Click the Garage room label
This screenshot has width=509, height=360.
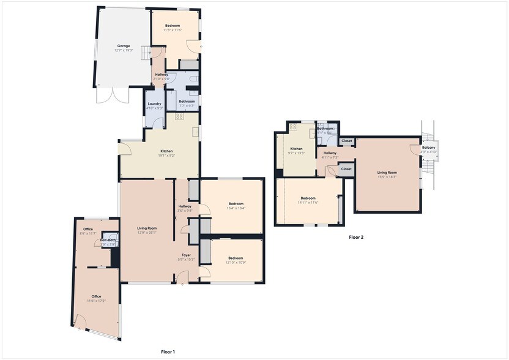point(124,46)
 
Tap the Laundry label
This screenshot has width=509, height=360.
point(155,103)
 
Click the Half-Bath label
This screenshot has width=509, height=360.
point(108,240)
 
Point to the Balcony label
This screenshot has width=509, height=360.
point(429,147)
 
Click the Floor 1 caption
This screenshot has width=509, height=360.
point(168,352)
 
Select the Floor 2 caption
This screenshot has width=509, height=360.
point(356,237)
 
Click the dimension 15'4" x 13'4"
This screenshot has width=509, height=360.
point(236,208)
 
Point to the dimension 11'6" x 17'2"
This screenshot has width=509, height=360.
point(96,301)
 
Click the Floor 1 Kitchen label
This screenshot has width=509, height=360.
point(166,151)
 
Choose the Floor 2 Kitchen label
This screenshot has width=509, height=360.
point(297,149)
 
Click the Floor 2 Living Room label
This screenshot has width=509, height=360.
point(387,173)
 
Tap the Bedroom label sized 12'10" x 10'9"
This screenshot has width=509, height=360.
point(236,258)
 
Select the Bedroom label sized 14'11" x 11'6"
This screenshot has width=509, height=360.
point(308,198)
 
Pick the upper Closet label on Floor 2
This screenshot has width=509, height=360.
point(347,141)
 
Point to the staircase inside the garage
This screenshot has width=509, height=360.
point(145,53)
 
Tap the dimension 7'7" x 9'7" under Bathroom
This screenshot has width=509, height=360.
point(187,106)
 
